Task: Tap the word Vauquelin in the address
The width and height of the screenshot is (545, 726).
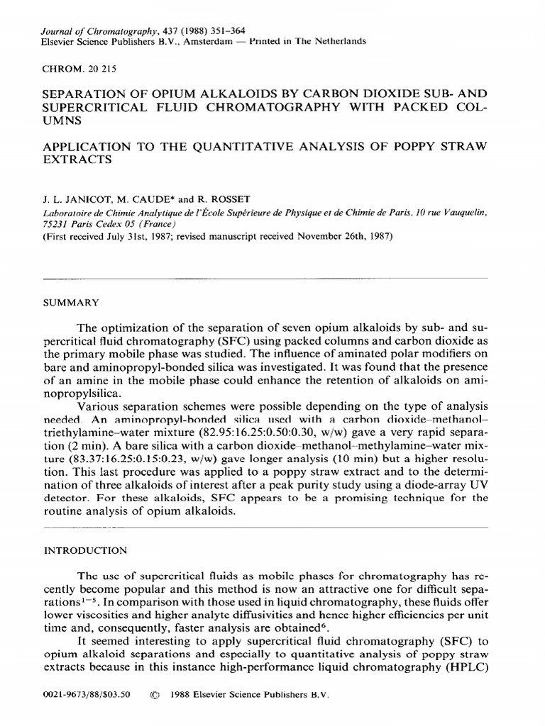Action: coord(461,212)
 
